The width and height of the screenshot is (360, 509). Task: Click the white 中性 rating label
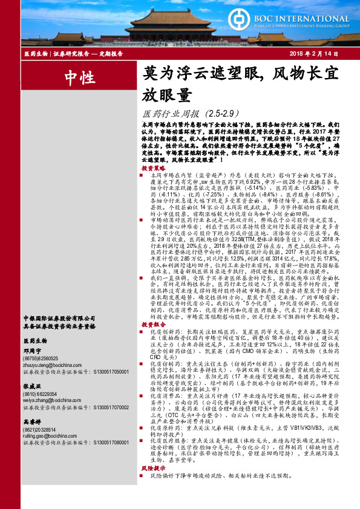(x=79, y=77)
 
